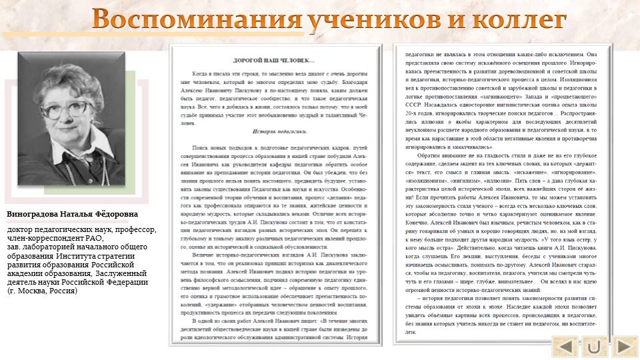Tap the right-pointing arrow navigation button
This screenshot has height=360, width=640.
click(x=623, y=347)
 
